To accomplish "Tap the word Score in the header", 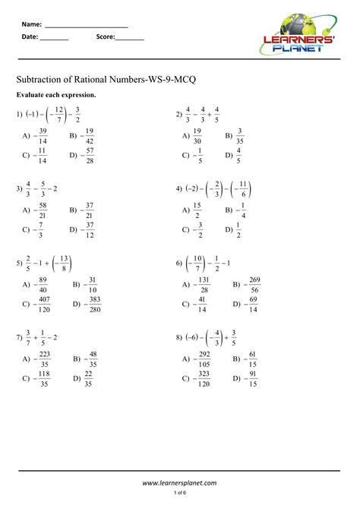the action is tap(106, 36).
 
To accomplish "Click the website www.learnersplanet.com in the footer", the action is tap(180, 482).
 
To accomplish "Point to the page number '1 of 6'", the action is tap(180, 494).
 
